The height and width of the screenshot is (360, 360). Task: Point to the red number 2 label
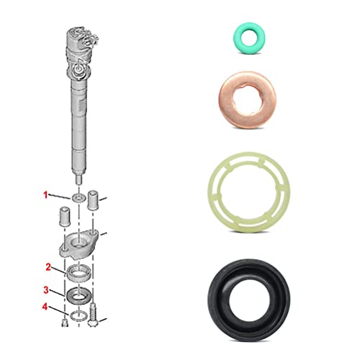click(x=48, y=267)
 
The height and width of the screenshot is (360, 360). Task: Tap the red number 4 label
click(x=48, y=309)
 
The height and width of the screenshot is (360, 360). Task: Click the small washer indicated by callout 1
click(x=77, y=197)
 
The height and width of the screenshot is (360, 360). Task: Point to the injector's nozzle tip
click(x=77, y=176)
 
